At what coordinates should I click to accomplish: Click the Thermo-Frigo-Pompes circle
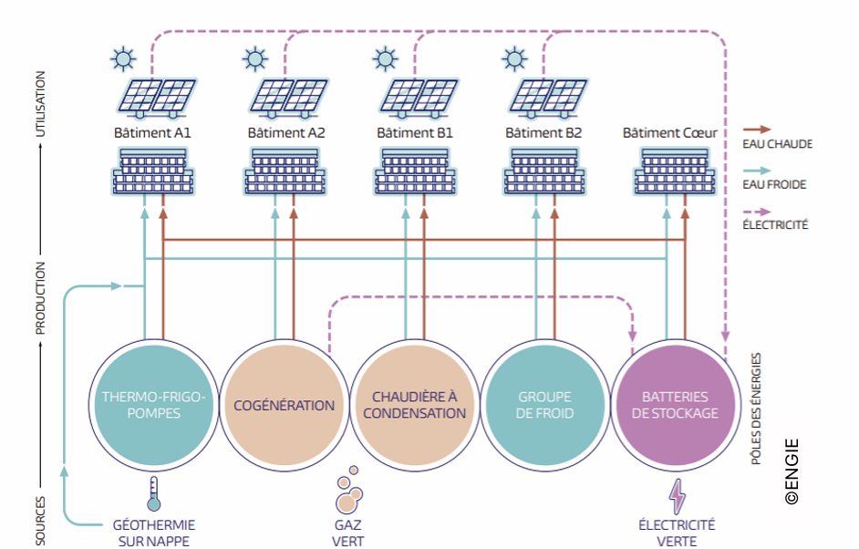(x=153, y=406)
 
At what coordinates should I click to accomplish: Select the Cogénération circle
(x=284, y=406)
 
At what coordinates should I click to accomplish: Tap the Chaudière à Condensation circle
(x=414, y=406)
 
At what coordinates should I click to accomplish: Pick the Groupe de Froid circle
(x=544, y=406)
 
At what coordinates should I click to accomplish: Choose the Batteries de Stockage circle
(x=675, y=406)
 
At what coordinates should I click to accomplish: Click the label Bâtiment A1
(x=152, y=133)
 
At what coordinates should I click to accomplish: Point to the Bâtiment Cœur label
(x=670, y=133)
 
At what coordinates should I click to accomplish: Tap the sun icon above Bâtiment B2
(x=514, y=58)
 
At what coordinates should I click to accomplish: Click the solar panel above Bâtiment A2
(x=289, y=98)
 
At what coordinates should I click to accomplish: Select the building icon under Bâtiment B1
(x=415, y=171)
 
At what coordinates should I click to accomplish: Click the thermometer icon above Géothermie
(x=153, y=493)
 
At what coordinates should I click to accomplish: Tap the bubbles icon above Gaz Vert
(x=348, y=490)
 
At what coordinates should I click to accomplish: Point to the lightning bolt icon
(x=678, y=497)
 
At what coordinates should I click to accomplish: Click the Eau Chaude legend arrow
(x=757, y=129)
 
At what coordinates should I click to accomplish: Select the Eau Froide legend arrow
(x=757, y=171)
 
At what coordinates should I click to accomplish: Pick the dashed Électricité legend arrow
(x=757, y=212)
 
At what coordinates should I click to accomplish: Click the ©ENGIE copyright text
(x=792, y=471)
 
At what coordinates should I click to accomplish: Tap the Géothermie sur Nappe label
(x=154, y=533)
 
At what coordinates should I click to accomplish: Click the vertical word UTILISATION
(x=40, y=104)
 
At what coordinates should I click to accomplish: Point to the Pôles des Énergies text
(x=757, y=409)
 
